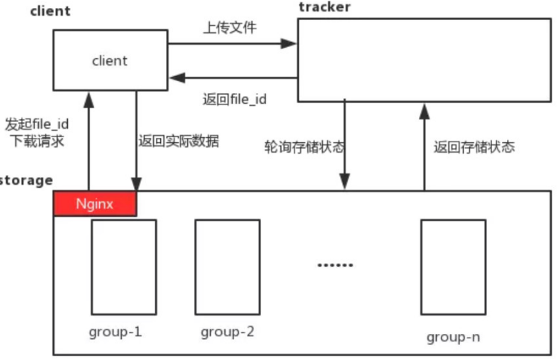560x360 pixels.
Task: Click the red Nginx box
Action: click(95, 203)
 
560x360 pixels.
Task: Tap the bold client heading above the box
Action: click(51, 11)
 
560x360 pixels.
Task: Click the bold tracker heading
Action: click(324, 7)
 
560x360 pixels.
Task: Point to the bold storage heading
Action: click(25, 180)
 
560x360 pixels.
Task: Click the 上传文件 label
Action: click(230, 28)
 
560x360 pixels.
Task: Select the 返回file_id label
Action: click(235, 99)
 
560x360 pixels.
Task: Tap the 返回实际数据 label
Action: click(178, 141)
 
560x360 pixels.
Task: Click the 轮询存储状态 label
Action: click(304, 147)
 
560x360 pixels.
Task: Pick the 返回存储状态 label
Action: click(474, 147)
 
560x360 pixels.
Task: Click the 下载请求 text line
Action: click(37, 141)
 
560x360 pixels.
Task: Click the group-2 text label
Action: click(227, 332)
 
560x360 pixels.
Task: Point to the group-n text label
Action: click(453, 337)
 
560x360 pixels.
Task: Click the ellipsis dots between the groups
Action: click(336, 265)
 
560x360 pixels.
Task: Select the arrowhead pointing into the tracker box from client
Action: click(289, 43)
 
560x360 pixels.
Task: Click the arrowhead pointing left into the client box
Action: click(177, 78)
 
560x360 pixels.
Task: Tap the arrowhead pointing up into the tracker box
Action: click(424, 112)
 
